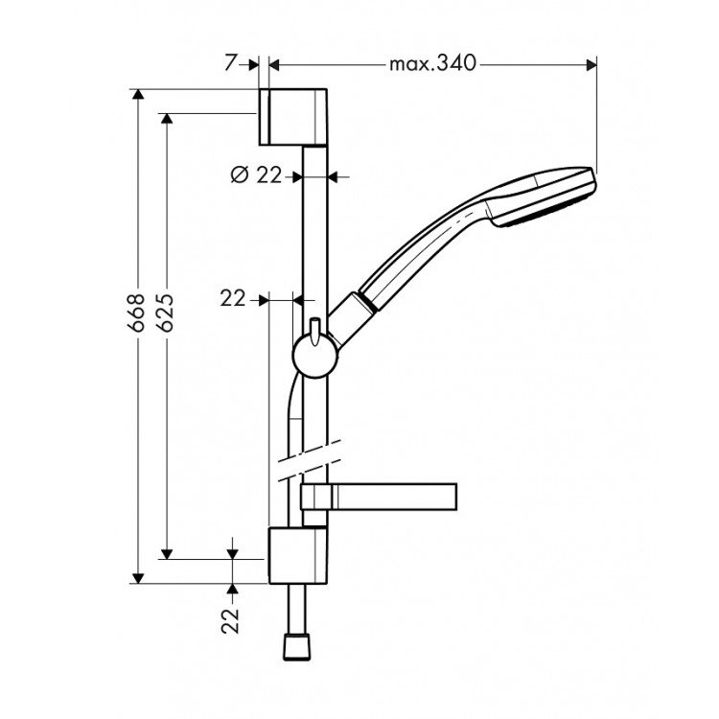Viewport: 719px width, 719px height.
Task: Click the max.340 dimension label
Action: tap(432, 64)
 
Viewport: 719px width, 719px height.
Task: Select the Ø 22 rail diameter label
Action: tap(256, 174)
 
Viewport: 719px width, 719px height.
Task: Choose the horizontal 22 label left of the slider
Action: tap(233, 299)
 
